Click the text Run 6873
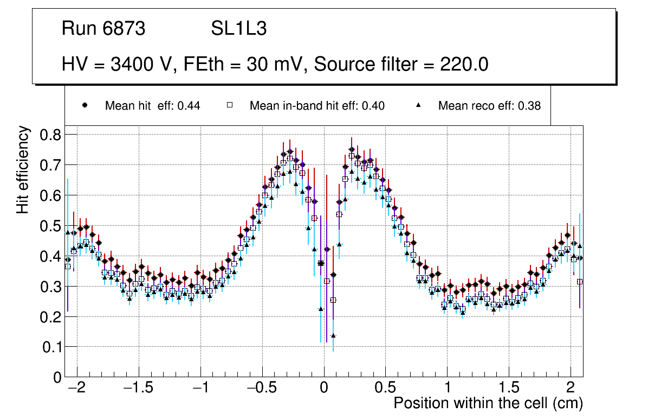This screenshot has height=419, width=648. (103, 29)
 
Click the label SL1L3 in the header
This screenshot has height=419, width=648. (238, 29)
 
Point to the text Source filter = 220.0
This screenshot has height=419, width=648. (401, 65)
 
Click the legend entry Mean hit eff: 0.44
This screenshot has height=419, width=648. (152, 106)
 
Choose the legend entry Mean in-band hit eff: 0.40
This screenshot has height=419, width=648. (317, 106)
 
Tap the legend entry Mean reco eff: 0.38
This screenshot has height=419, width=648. (489, 106)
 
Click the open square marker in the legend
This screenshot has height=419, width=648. (229, 105)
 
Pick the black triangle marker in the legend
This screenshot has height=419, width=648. (418, 105)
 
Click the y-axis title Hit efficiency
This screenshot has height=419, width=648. (23, 169)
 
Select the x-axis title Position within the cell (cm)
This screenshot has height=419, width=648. (488, 403)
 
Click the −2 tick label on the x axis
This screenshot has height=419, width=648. (77, 388)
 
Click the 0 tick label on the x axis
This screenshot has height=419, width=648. (324, 388)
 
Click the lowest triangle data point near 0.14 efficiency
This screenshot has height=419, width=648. (333, 335)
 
